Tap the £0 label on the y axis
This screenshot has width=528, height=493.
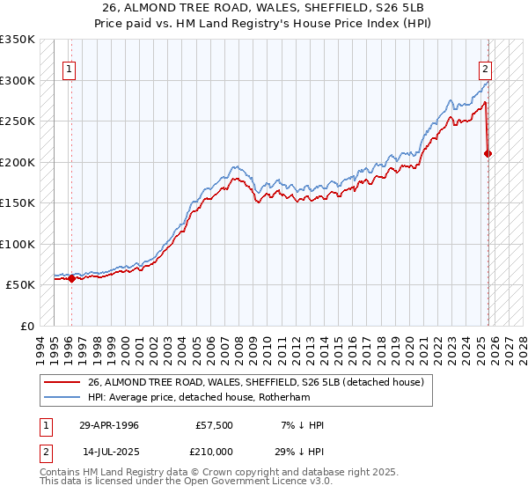click(27, 327)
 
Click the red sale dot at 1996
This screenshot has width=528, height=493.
click(71, 279)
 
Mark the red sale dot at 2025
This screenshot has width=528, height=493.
click(488, 153)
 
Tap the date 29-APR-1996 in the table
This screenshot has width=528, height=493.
click(109, 425)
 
